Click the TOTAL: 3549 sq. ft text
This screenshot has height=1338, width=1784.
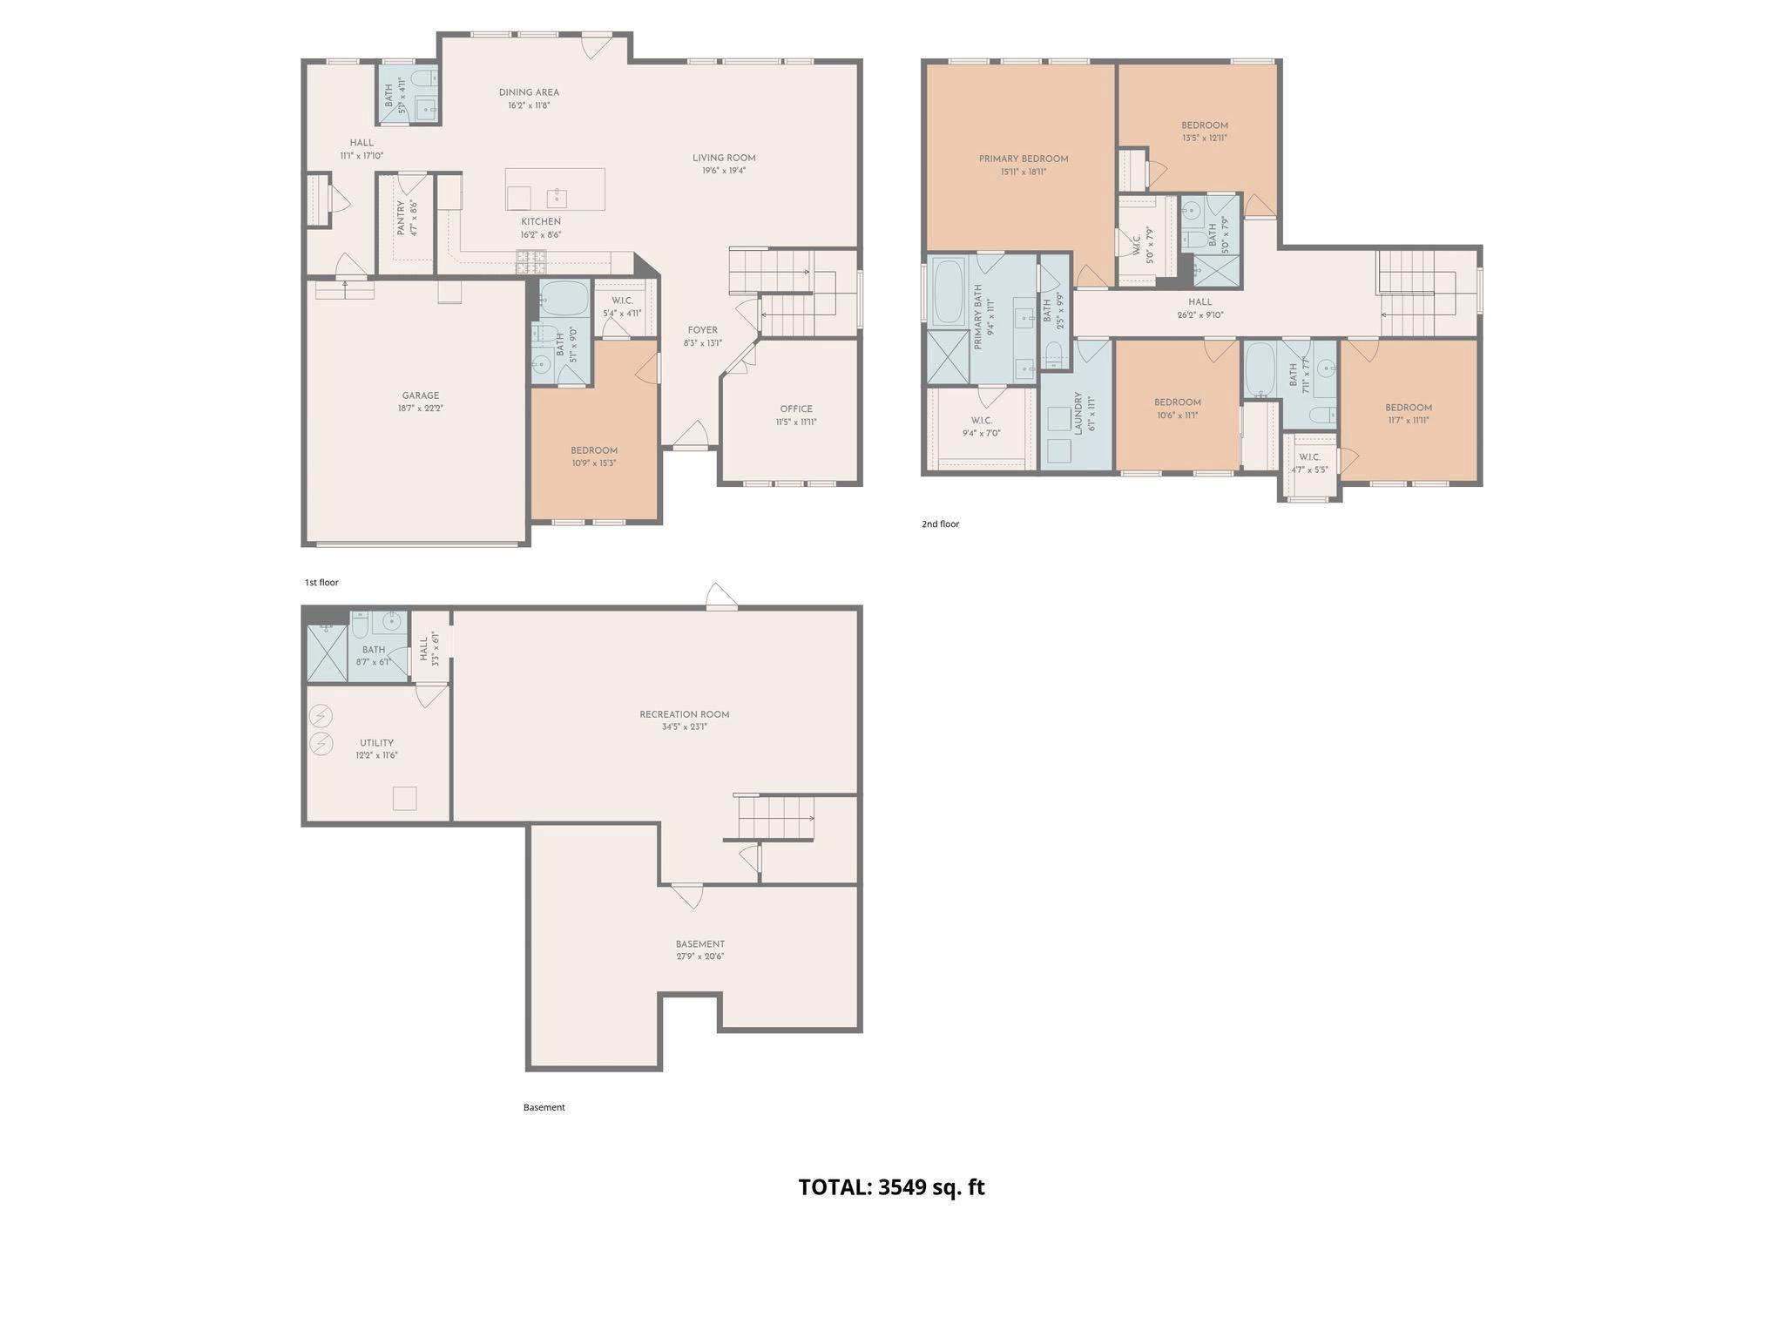[891, 1187]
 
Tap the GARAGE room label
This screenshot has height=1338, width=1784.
[421, 395]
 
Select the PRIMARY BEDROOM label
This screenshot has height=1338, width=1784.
[1023, 159]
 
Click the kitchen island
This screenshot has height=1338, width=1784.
[555, 190]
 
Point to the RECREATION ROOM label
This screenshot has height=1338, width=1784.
[684, 714]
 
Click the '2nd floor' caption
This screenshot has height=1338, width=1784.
[940, 524]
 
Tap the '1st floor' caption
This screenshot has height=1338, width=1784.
[321, 582]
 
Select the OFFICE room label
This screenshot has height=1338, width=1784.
[795, 409]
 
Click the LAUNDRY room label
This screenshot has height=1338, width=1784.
[1078, 413]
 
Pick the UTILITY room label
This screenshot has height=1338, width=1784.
[376, 743]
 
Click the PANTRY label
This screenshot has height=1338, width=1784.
[402, 219]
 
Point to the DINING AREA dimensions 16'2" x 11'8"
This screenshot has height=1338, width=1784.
[529, 105]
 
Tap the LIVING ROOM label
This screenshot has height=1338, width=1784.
[724, 158]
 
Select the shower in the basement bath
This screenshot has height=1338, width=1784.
[327, 653]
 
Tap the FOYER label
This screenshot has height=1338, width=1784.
[702, 330]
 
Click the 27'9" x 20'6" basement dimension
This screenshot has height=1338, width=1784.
[699, 956]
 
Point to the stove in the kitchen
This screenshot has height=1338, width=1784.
[531, 257]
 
